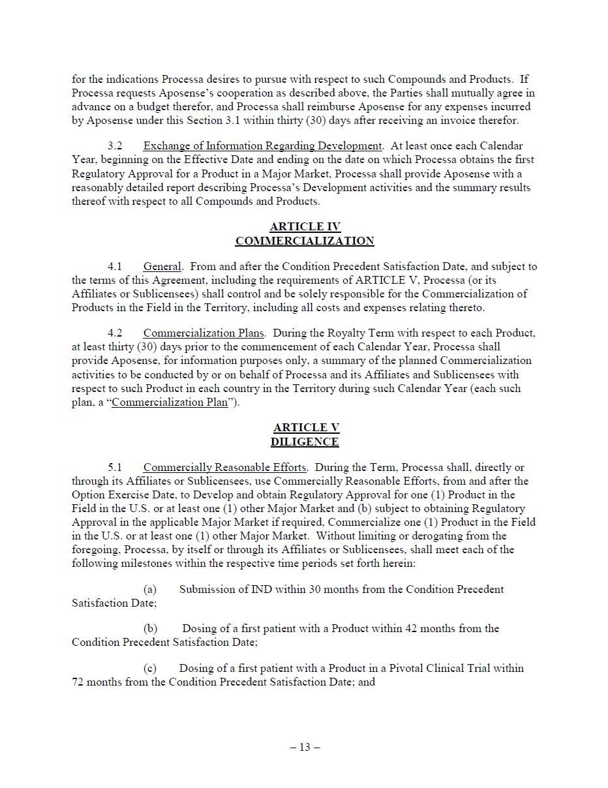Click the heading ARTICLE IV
coord(305,227)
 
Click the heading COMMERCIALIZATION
coord(305,241)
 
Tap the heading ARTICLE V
coord(305,428)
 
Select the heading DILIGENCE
coord(305,442)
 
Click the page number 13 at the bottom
coord(305,748)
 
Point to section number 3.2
coord(115,146)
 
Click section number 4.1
coord(115,267)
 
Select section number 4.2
coord(115,333)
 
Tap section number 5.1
coord(115,468)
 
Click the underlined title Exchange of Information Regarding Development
coord(262,146)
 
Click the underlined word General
coord(162,267)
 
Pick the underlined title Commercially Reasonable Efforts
coord(224,468)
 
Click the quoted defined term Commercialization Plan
coord(170,402)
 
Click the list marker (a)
coord(150,590)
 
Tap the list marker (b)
coord(150,629)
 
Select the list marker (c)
coord(150,669)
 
